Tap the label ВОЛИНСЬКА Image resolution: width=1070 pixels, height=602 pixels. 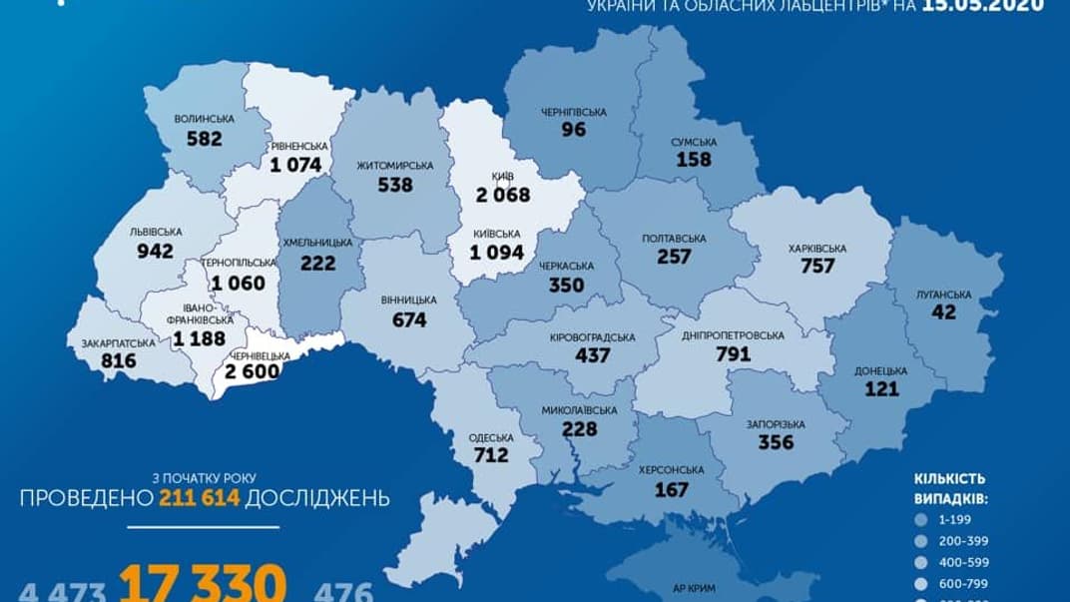(204, 119)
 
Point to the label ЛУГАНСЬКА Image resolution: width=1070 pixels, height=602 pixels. (943, 295)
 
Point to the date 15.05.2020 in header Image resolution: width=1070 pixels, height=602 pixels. (992, 5)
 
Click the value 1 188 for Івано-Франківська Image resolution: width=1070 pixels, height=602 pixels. (200, 340)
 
